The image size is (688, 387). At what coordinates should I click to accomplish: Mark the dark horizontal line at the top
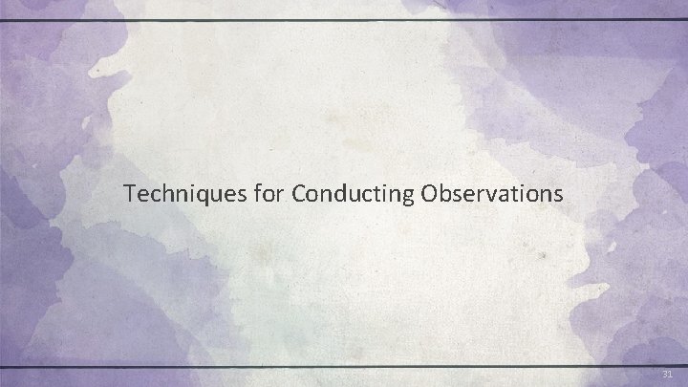coord(344,19)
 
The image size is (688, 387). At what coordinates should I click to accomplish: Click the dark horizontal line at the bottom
coord(344,366)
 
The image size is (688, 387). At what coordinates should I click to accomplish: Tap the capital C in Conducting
coord(300,195)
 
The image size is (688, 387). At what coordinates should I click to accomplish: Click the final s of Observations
coord(560,197)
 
